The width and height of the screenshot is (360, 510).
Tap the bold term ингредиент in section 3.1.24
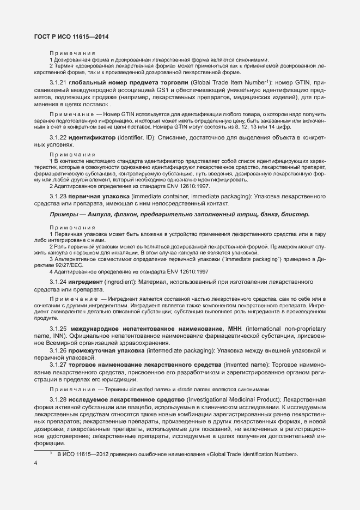coord(87,282)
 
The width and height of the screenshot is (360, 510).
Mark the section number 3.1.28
coord(58,399)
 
